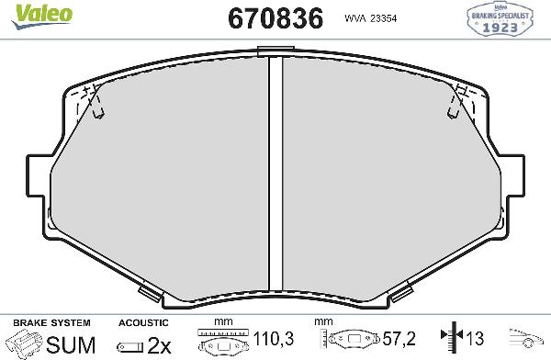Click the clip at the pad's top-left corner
pyautogui.click(x=93, y=99)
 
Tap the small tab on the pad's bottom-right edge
pyautogui.click(x=400, y=293)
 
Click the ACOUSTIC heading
pyautogui.click(x=143, y=323)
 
